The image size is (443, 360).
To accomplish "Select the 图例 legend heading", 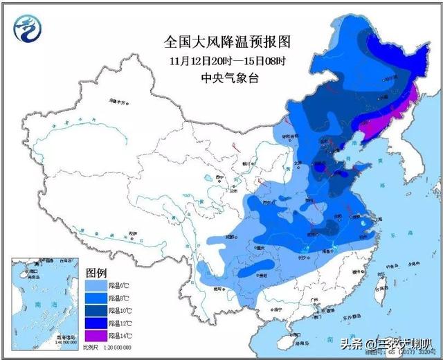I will tap(96, 271).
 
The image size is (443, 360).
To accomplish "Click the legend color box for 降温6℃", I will tap(96, 285).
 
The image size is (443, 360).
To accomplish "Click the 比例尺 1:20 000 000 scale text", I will tap(107, 346).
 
